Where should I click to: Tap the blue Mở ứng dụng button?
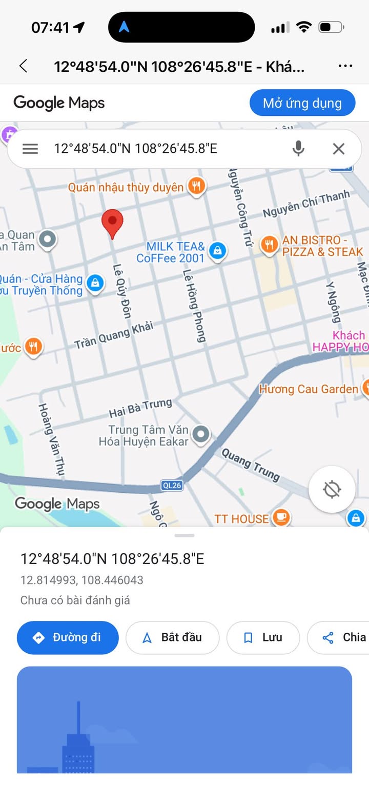[x=302, y=103]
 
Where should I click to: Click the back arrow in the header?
[x=23, y=66]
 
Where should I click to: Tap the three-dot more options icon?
[x=345, y=66]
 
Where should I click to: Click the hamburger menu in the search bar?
[x=30, y=149]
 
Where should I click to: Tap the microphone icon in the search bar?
[x=298, y=149]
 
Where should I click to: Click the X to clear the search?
[x=339, y=149]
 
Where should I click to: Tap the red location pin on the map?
[x=112, y=223]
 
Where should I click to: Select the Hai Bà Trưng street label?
[x=140, y=408]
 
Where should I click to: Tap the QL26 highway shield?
[x=172, y=485]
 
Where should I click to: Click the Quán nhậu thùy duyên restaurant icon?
[x=196, y=186]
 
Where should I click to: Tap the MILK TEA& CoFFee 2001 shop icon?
[x=218, y=251]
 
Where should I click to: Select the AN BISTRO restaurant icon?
[x=269, y=245]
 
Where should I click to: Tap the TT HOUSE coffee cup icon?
[x=281, y=517]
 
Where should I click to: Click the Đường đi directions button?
[x=68, y=637]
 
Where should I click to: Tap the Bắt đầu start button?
[x=172, y=637]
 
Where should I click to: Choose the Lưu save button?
[x=263, y=637]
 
